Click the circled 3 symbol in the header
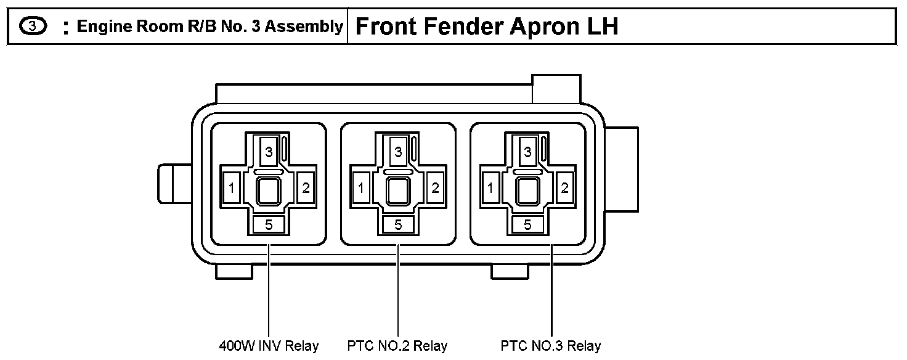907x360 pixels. click(x=32, y=27)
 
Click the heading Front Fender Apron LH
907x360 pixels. click(x=487, y=27)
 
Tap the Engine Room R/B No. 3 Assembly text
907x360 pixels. click(x=209, y=27)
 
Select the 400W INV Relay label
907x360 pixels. click(x=269, y=346)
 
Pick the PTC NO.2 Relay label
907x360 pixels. click(x=397, y=346)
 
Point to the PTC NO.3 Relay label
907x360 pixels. click(x=551, y=346)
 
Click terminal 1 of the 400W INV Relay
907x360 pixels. click(x=232, y=188)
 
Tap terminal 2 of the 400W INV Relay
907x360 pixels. click(x=306, y=188)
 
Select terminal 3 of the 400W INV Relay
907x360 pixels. click(x=269, y=152)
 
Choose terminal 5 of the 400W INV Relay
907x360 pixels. click(x=269, y=225)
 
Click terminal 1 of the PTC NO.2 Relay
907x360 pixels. click(x=361, y=188)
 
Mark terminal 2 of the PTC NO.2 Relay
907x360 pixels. click(x=435, y=188)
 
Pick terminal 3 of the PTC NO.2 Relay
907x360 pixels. click(x=398, y=152)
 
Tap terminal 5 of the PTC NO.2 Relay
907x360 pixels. click(x=398, y=225)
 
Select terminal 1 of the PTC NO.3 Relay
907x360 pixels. click(x=490, y=188)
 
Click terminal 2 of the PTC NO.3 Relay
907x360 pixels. click(x=564, y=188)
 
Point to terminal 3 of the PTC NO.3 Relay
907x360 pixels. click(x=527, y=152)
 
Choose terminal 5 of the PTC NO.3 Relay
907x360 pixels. click(x=527, y=225)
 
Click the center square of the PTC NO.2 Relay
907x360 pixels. click(x=398, y=190)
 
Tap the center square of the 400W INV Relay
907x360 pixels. click(x=269, y=190)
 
